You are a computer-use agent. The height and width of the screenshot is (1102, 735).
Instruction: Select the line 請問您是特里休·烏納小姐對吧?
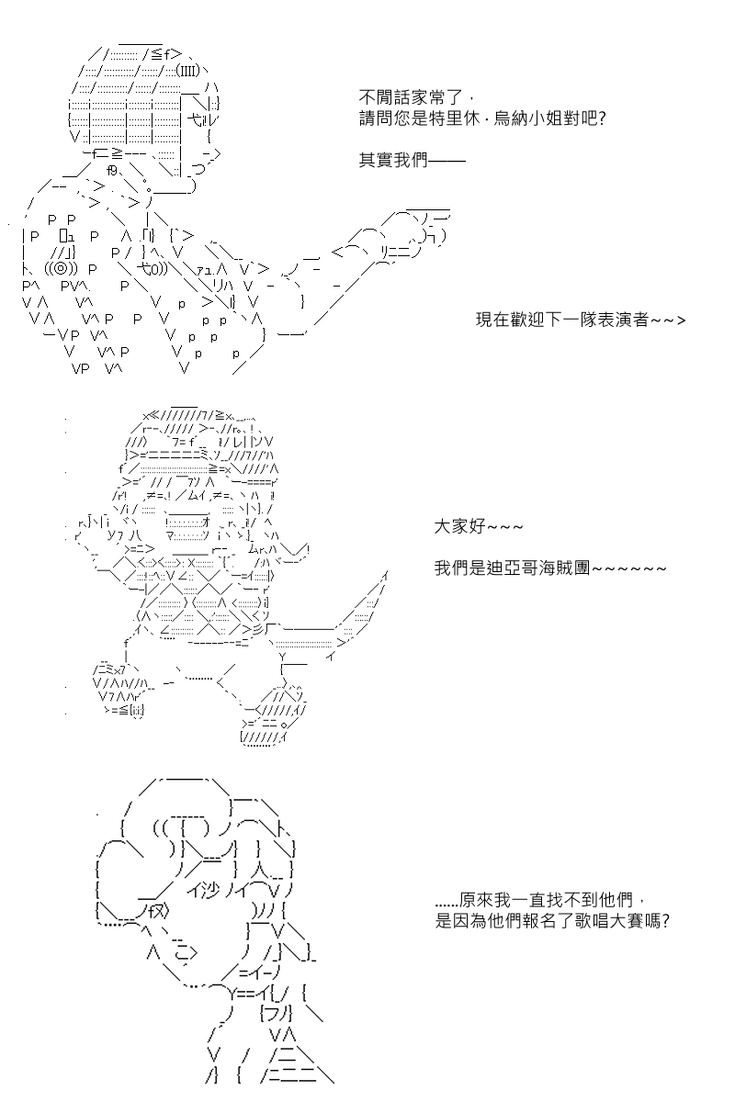[x=482, y=118]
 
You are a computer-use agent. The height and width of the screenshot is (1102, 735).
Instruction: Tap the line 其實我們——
[x=412, y=161]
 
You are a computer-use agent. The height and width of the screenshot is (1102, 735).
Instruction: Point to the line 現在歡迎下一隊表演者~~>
[x=581, y=320]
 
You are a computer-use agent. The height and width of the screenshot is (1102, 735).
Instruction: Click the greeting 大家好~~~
[x=479, y=527]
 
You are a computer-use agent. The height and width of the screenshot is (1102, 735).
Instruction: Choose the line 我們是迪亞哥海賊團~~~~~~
[x=550, y=568]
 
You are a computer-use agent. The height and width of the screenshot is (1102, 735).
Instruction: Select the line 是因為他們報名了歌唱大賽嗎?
[x=552, y=920]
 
